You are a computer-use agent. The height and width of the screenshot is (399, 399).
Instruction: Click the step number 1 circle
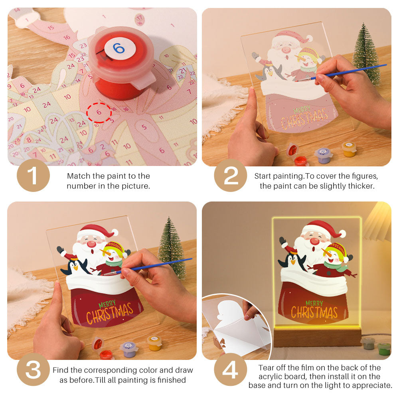coord(33,176)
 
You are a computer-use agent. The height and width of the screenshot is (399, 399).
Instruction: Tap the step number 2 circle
coord(231,176)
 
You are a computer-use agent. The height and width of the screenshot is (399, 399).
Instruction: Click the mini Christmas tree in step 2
coord(366,54)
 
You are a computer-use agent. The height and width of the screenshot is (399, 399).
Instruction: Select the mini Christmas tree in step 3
coord(172,247)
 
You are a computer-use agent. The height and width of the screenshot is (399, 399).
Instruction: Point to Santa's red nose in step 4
coord(315,241)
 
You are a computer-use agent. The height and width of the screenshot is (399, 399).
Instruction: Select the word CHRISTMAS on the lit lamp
coord(314,312)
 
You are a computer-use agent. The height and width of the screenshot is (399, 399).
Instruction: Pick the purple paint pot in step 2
coord(323,155)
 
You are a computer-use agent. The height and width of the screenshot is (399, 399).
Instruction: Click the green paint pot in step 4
coord(384,348)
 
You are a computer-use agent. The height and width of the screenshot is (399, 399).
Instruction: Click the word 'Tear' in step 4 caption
coord(266,367)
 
